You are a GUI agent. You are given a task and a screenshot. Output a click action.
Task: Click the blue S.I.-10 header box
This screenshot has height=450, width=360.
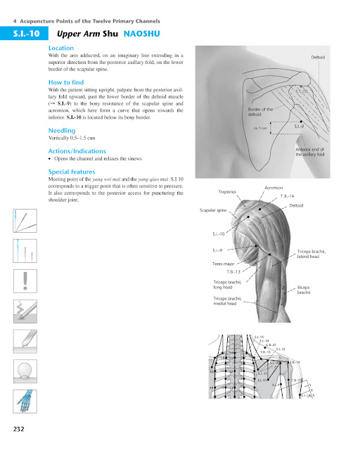click(24, 33)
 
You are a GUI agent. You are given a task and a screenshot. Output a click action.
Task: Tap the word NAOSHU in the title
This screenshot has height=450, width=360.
click(145, 33)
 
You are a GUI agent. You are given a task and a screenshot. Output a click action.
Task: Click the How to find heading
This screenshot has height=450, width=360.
click(68, 82)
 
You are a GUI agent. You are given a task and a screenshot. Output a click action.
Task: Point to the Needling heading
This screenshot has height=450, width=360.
click(63, 131)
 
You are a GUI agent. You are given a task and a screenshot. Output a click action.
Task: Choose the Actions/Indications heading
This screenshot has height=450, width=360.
click(77, 151)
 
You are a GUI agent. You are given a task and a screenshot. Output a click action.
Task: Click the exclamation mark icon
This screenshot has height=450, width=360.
click(26, 279)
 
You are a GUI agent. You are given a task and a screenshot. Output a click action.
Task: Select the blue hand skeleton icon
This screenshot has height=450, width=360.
click(25, 403)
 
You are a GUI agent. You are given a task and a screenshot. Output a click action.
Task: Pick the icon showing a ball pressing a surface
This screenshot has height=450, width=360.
click(26, 371)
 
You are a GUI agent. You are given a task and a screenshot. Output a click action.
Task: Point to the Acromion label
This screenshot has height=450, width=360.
click(274, 188)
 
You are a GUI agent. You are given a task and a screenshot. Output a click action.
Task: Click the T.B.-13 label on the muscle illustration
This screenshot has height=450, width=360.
click(234, 271)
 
